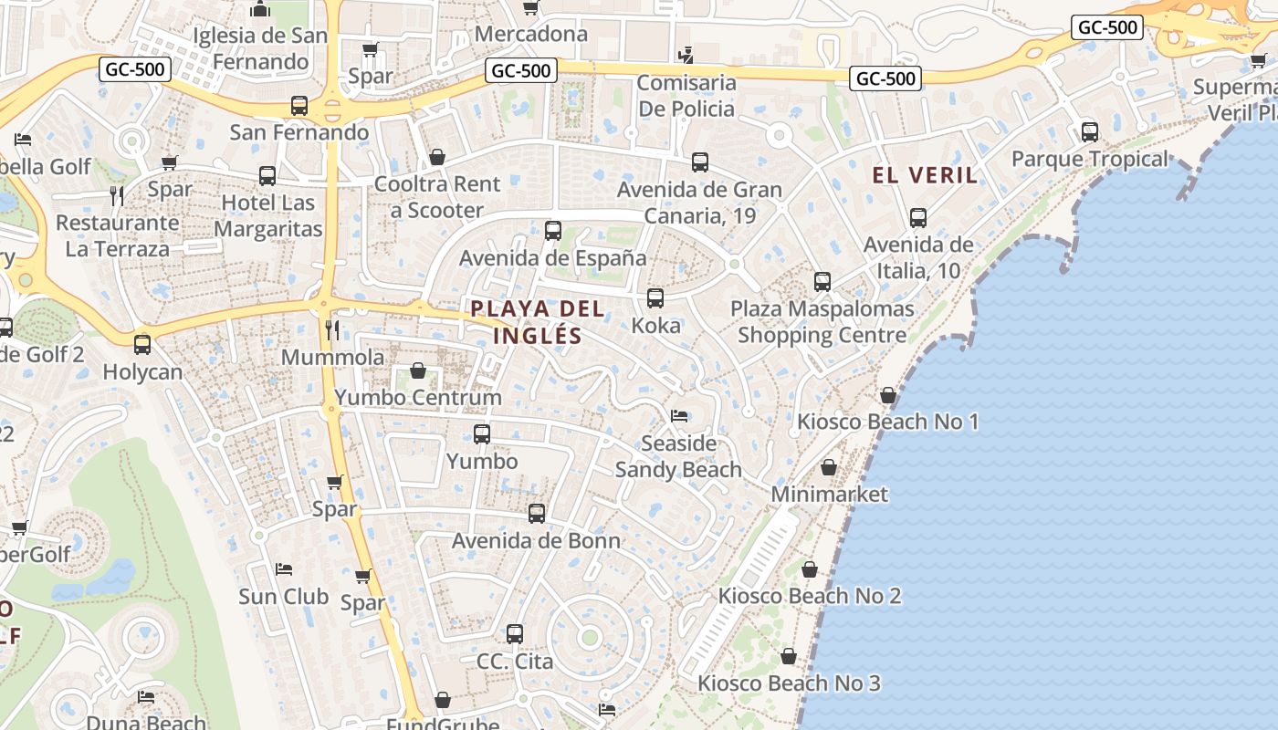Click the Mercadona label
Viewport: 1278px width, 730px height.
[x=531, y=35]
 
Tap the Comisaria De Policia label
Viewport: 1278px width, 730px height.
[x=686, y=96]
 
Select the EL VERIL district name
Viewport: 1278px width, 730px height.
[x=925, y=175]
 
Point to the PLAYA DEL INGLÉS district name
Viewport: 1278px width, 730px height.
[x=538, y=321]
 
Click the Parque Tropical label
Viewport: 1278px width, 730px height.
[x=1089, y=159]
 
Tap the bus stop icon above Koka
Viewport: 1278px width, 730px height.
[x=655, y=298]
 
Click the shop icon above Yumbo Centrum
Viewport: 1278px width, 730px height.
[x=418, y=370]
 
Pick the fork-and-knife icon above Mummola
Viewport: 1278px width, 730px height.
[x=332, y=329]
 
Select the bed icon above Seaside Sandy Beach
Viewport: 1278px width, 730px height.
[x=679, y=416]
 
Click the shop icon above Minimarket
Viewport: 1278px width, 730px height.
[x=829, y=467]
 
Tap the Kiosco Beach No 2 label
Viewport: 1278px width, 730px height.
[x=810, y=596]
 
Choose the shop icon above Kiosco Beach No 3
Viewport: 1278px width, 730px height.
[x=789, y=656]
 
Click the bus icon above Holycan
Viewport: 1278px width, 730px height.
[x=142, y=345]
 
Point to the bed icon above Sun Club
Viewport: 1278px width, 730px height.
[x=284, y=569]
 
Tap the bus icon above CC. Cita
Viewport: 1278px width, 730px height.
[x=515, y=634]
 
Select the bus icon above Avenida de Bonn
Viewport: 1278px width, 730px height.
[x=537, y=514]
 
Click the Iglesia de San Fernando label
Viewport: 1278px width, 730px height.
[x=260, y=49]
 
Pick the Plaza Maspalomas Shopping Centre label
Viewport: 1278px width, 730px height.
[x=822, y=322]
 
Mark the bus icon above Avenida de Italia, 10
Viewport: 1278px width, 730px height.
[x=918, y=218]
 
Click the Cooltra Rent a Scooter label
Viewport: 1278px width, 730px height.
[x=437, y=197]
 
